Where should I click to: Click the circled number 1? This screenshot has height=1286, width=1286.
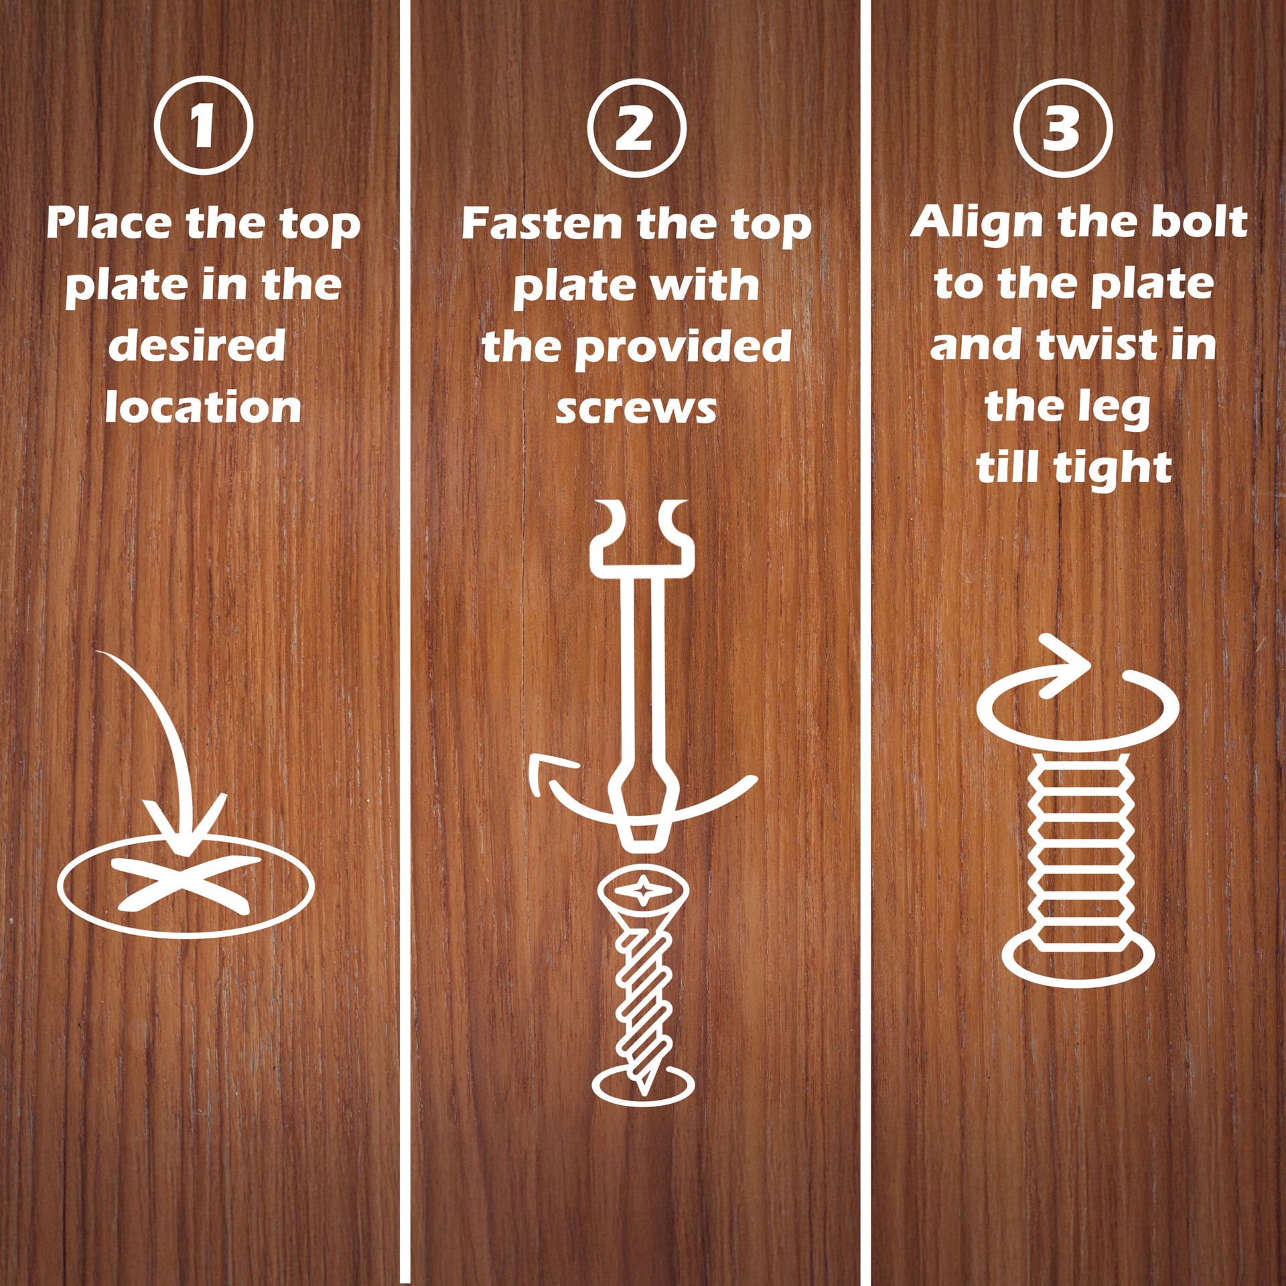(x=204, y=125)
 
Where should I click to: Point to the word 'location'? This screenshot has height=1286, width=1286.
(x=203, y=408)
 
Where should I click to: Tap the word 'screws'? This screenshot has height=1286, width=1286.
(x=636, y=408)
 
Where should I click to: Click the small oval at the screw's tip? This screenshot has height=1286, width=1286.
(x=643, y=1084)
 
